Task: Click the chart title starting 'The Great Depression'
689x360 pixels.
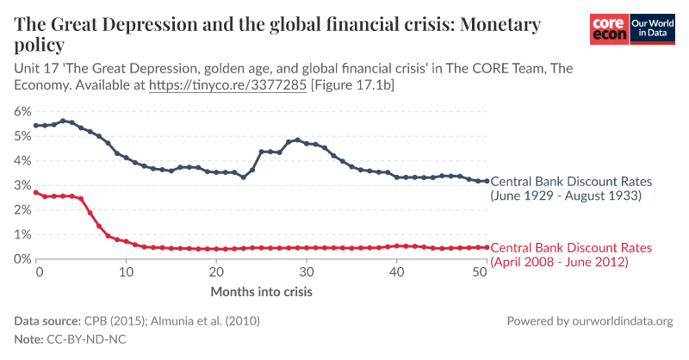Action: (277, 34)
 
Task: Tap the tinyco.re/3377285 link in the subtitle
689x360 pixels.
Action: (227, 86)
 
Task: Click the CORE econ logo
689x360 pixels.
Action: (609, 28)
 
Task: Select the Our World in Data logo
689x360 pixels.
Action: (651, 28)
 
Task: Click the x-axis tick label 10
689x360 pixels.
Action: (126, 272)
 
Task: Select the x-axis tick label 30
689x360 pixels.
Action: (304, 272)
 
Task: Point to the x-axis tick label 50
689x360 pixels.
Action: (482, 272)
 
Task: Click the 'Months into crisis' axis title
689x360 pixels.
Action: (261, 291)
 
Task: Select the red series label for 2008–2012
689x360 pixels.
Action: (570, 254)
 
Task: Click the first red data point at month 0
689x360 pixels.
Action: (36, 193)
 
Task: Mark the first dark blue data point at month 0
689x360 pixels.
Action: (36, 126)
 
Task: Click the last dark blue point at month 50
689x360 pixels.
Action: (486, 181)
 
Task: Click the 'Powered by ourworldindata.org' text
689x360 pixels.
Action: (590, 320)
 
